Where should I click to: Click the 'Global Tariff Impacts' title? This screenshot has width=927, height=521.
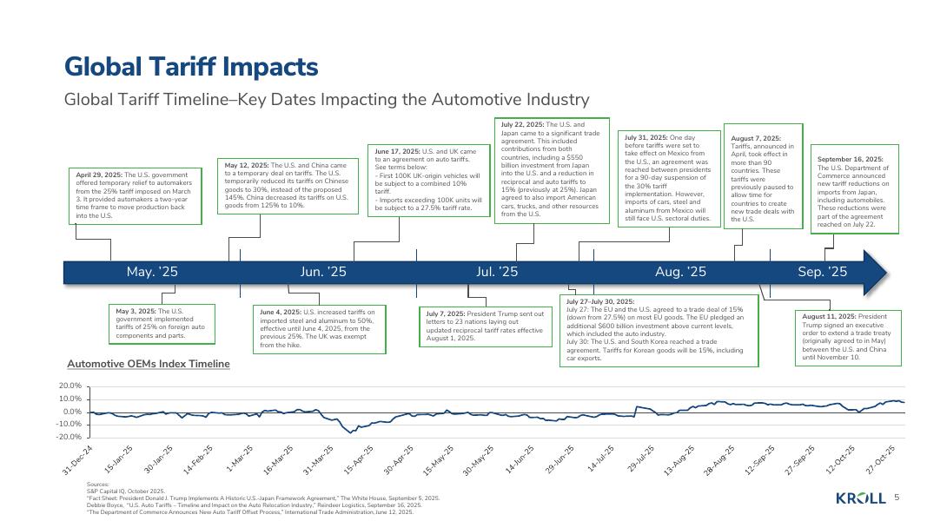click(191, 67)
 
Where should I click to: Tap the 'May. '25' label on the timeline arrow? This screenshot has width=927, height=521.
click(152, 272)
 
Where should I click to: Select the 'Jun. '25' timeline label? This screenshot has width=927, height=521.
click(323, 272)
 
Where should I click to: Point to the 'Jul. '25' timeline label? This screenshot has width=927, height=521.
click(497, 272)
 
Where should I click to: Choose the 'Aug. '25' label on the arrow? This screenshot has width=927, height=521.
click(680, 272)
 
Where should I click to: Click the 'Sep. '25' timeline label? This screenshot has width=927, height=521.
click(822, 272)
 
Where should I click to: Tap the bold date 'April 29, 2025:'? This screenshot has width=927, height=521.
click(100, 175)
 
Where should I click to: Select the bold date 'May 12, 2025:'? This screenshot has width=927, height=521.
click(247, 165)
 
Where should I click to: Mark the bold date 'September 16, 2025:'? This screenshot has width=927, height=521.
click(851, 159)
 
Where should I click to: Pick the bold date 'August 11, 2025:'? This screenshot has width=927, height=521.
click(830, 316)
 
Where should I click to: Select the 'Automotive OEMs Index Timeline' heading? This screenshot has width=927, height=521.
click(149, 363)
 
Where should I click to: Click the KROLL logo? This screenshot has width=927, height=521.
click(860, 498)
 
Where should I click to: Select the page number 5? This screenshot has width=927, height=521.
click(897, 498)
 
